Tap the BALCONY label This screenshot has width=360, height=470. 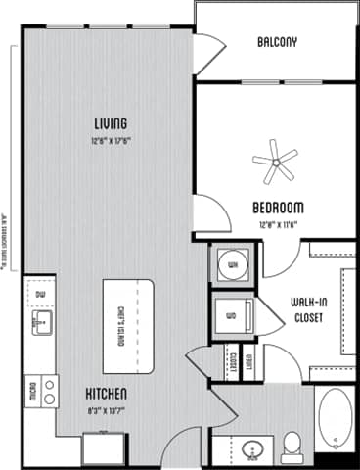pos(278,42)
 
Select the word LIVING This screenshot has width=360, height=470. pos(112,123)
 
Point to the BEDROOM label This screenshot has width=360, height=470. pos(278,208)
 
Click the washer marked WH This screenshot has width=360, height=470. pos(232,263)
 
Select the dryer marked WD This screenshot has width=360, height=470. pos(232,315)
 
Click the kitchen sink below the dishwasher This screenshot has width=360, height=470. pos(40,322)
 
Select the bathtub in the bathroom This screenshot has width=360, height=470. pos(334,418)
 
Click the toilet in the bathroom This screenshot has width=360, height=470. pos(291,448)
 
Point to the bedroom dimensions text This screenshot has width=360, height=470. pos(278,223)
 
